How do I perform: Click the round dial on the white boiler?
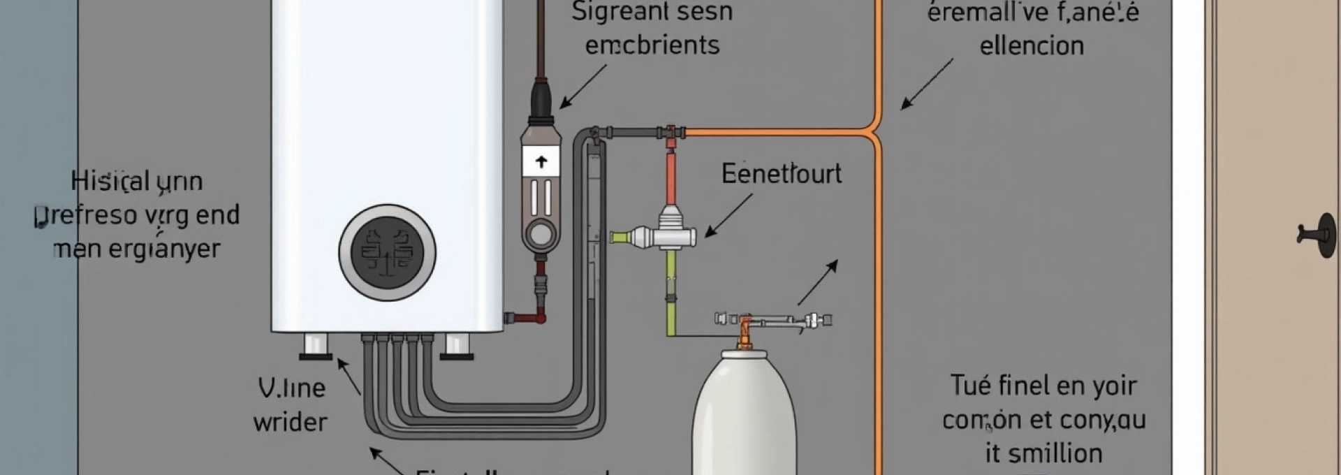[387, 252]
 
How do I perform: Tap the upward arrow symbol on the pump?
[541, 162]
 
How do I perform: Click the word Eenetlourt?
[781, 173]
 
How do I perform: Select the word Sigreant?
[611, 12]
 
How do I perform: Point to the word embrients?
[652, 45]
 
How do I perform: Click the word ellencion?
[1032, 46]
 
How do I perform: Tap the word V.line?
[291, 388]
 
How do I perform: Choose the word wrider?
[290, 422]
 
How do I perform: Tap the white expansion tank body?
[744, 419]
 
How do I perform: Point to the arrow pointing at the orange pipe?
[926, 85]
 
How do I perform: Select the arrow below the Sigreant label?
[582, 87]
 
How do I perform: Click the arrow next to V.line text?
[349, 378]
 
